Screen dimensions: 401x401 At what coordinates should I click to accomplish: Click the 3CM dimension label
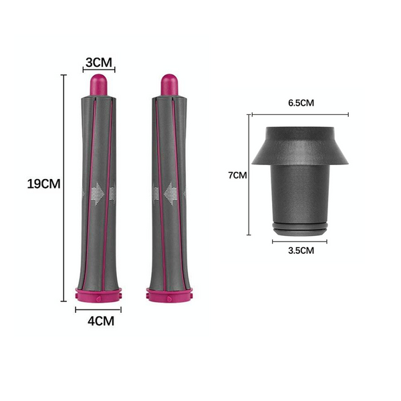point(99,62)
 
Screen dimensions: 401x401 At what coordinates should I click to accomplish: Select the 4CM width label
point(99,321)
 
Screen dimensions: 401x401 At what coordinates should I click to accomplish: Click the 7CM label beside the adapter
point(237,175)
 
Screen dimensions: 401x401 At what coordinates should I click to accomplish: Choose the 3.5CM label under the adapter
point(300,251)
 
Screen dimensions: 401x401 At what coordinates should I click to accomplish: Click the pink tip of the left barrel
point(99,86)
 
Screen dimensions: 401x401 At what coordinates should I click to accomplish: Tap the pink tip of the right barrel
point(168,86)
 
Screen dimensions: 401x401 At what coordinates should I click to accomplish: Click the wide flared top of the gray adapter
point(300,144)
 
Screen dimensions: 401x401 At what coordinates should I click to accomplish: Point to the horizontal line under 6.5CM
point(300,115)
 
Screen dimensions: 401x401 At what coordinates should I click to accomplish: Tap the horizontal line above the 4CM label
point(98,309)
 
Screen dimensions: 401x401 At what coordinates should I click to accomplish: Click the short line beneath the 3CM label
point(99,70)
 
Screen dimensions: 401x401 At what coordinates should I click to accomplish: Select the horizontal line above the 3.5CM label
point(300,241)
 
